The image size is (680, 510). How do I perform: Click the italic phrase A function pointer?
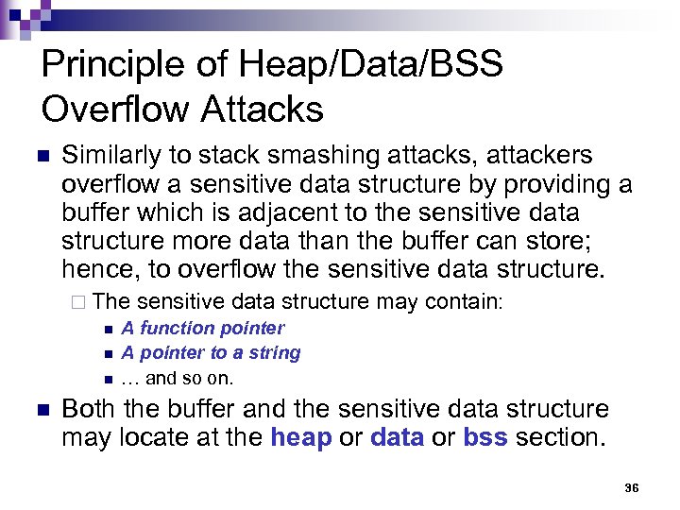pos(202,328)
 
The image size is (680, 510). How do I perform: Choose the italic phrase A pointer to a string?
pos(211,352)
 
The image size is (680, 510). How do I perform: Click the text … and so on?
pos(177,378)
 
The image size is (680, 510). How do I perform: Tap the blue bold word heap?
pos(300,438)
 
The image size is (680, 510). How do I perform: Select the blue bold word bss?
pos(485,438)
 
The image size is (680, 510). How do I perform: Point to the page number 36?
pos(632,488)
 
